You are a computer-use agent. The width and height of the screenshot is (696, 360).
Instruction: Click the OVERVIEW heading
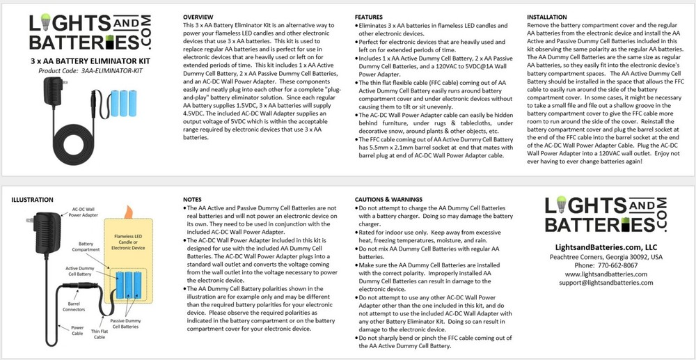(198, 16)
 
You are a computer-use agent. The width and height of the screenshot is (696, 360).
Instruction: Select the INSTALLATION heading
(551, 16)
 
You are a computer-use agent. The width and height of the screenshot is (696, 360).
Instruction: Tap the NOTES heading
(192, 200)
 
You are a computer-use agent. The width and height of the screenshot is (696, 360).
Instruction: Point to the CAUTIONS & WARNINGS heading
(394, 200)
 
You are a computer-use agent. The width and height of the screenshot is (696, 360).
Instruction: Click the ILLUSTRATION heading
(32, 200)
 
